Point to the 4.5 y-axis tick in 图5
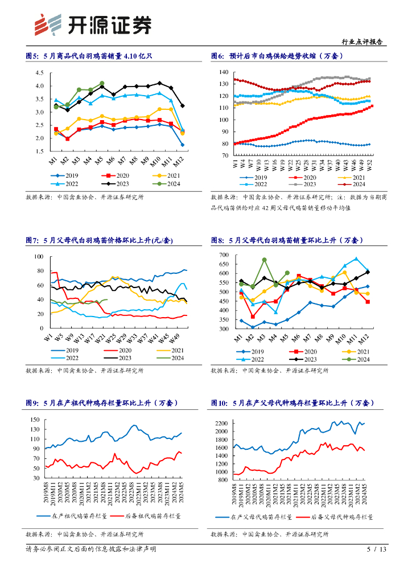pyautogui.click(x=39, y=73)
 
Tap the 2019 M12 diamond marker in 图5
pyautogui.click(x=182, y=145)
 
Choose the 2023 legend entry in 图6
pyautogui.click(x=302, y=184)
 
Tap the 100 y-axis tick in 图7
pyautogui.click(x=39, y=257)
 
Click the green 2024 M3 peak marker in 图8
pyautogui.click(x=265, y=260)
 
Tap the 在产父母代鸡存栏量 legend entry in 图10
pyautogui.click(x=255, y=517)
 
